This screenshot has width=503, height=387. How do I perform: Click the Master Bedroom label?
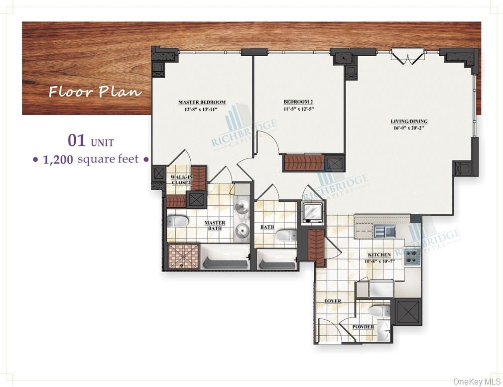coord(202,103)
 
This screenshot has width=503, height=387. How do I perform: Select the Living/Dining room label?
coord(409,121)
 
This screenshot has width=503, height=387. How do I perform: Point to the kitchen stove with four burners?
coord(412,256)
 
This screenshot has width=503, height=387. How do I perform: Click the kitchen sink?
coord(384,230)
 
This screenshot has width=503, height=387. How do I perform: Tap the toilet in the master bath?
coord(176,221)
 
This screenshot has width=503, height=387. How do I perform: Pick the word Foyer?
coord(332,301)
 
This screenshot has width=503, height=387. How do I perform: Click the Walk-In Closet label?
coord(181,180)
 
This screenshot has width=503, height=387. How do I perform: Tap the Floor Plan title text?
coord(95,92)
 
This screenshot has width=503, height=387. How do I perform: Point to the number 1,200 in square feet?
coord(58,160)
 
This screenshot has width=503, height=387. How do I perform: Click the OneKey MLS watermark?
coord(476,382)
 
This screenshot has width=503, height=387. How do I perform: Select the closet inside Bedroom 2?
coord(304,163)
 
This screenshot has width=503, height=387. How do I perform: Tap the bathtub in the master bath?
coord(225,258)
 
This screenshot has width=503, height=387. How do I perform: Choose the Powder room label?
coord(363,327)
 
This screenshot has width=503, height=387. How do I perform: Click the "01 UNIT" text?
coord(91,141)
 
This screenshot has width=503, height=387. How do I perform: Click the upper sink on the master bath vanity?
coord(242,207)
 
